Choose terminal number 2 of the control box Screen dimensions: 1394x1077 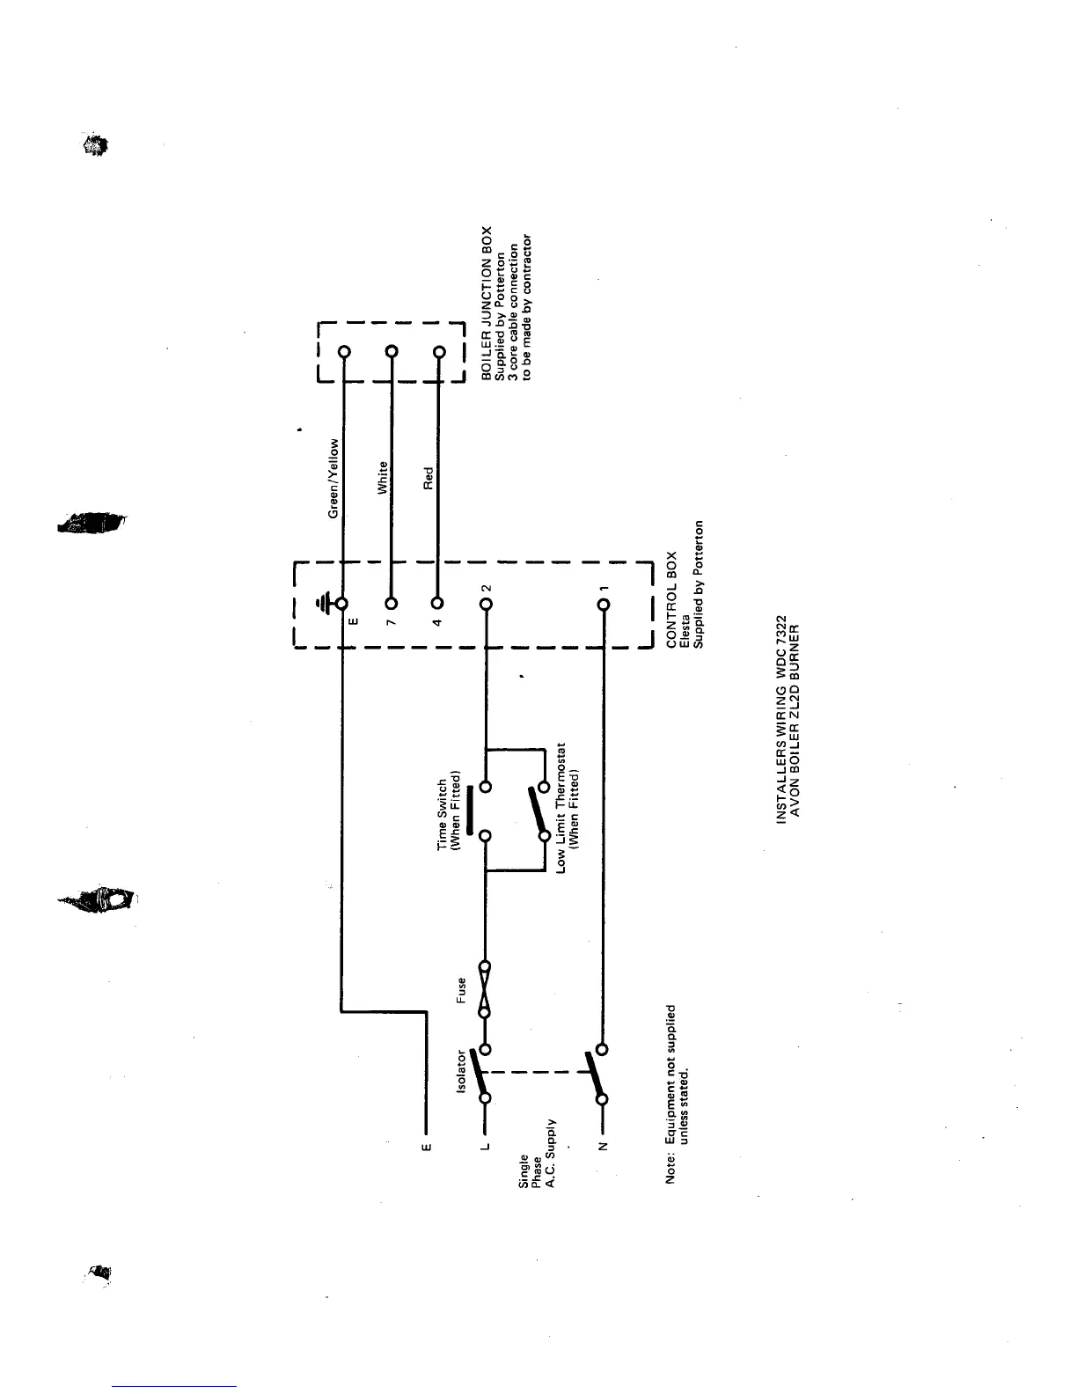[x=485, y=604]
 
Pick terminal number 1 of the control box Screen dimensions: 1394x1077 [x=604, y=605]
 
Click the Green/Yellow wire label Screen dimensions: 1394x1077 [x=334, y=479]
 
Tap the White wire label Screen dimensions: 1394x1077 [x=383, y=479]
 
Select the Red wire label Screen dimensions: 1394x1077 [x=429, y=479]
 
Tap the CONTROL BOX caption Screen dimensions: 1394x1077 [x=671, y=600]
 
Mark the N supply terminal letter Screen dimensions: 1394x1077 [x=604, y=1146]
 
